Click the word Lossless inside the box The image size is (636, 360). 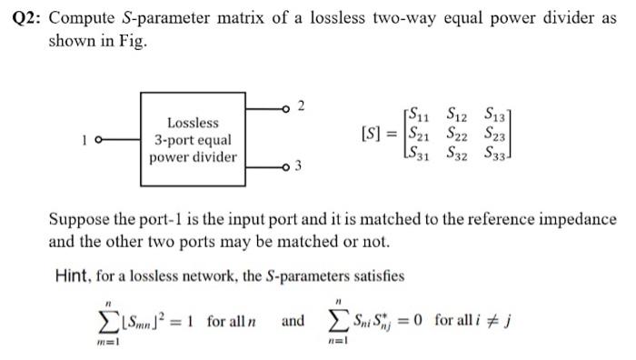193,122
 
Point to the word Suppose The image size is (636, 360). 79,220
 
